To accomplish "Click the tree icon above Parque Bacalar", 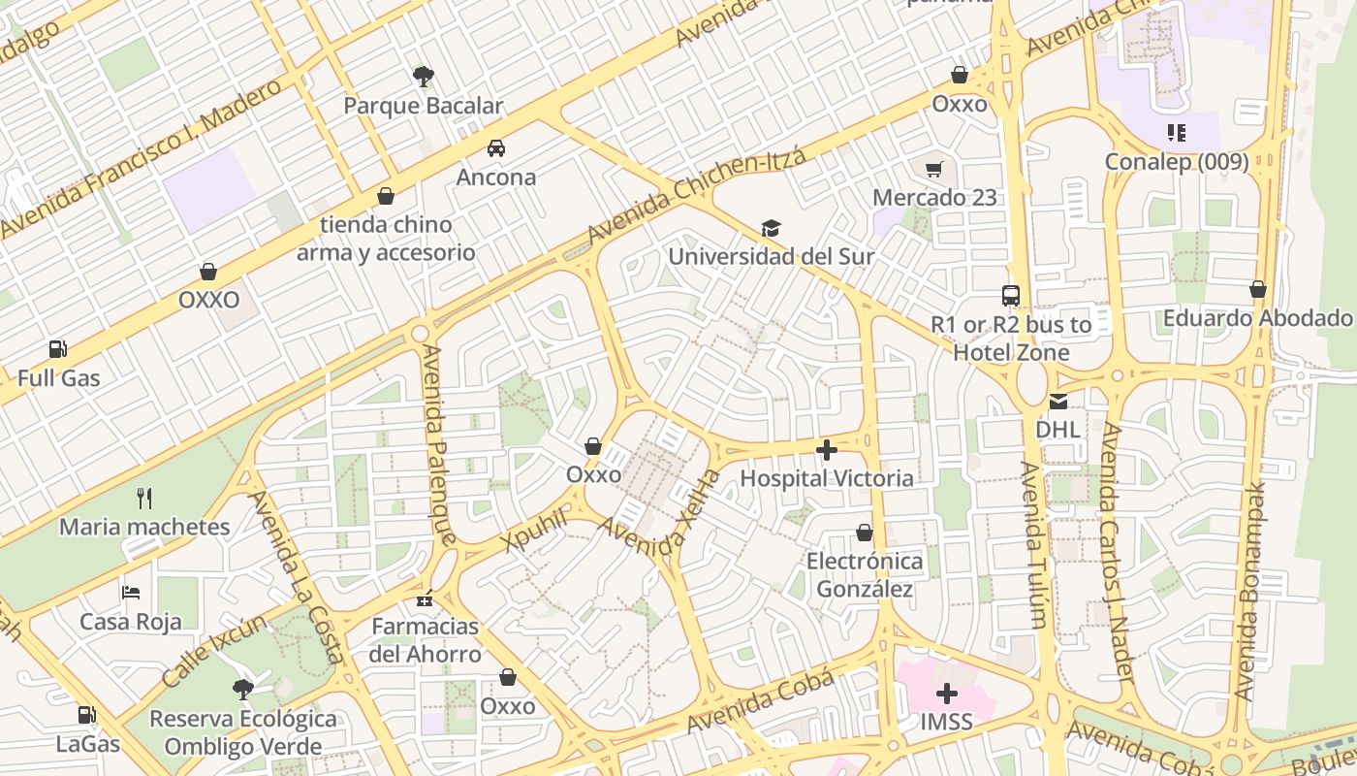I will tap(423, 76).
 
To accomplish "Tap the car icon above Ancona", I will tap(496, 147).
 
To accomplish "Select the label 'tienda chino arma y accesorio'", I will tap(386, 239).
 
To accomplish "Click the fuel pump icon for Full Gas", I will tap(58, 349).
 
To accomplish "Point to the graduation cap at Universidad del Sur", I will tap(771, 228).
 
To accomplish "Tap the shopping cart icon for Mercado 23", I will tap(934, 170).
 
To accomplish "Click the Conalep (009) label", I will tap(1177, 161).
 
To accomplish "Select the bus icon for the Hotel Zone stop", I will tap(1011, 296).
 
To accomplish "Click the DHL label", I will tap(1057, 429).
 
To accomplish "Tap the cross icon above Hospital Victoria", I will tap(827, 449).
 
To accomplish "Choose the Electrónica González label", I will tap(865, 575).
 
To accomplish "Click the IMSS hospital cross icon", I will tap(947, 694).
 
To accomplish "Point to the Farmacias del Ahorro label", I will tap(425, 640).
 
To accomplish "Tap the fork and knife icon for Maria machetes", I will tap(144, 499).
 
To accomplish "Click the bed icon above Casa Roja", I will tap(131, 592).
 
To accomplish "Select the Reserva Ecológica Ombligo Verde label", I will tap(243, 732).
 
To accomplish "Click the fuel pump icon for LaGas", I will tap(87, 715).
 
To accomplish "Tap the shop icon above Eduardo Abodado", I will tap(1258, 289).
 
